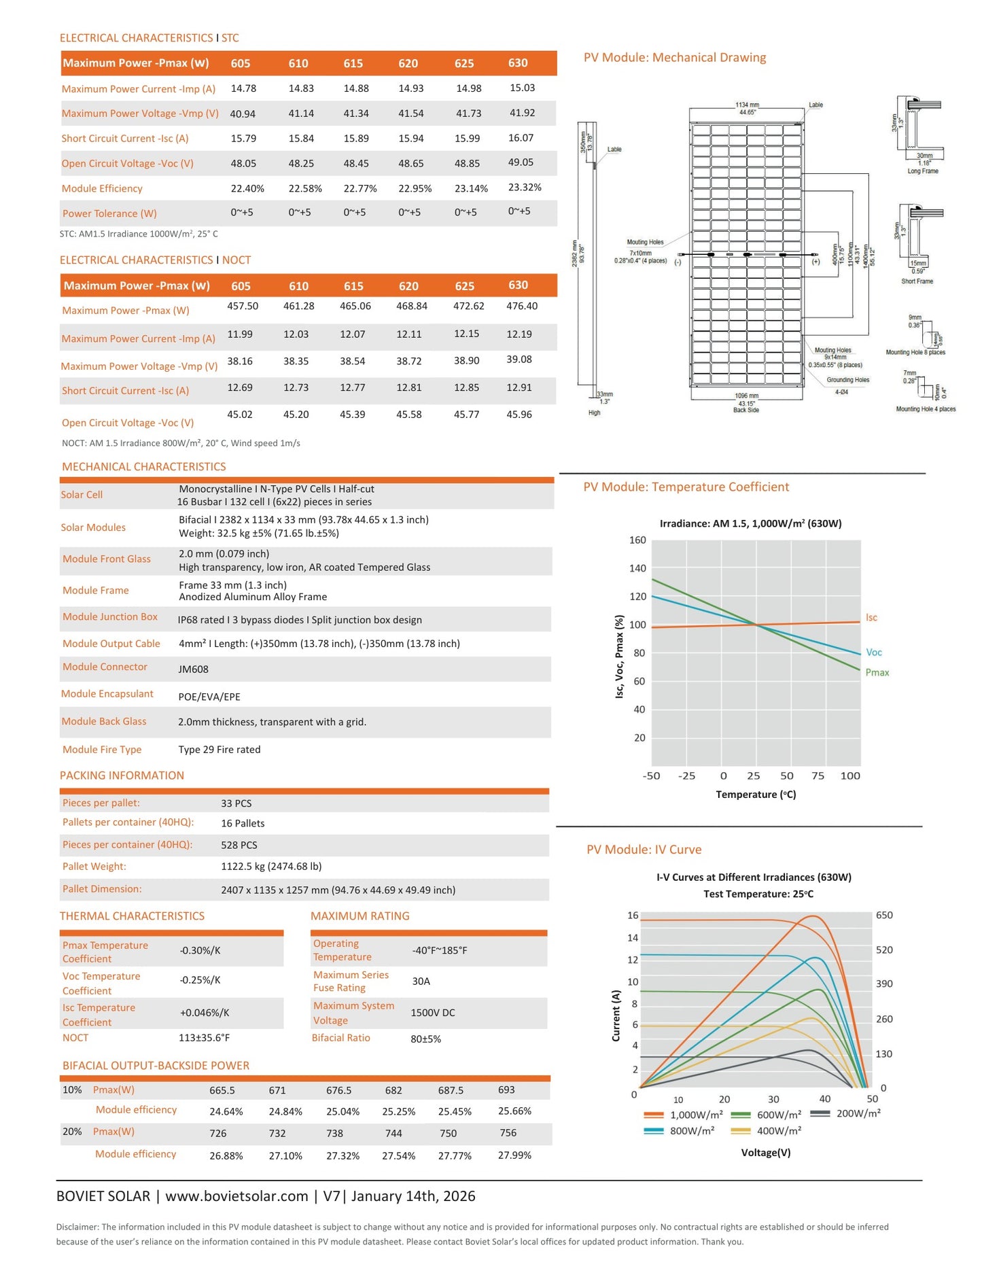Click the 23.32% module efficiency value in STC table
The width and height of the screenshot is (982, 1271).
[x=525, y=188]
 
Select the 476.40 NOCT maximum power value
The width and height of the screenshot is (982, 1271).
[x=522, y=306]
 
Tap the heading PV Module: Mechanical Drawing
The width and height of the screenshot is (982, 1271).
[x=675, y=58]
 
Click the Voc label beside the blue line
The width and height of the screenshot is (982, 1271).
[x=874, y=652]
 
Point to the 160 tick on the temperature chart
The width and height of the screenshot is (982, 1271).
[x=637, y=540]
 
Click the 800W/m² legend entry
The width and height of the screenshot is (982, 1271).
[x=680, y=1130]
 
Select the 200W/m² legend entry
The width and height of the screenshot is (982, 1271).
[x=846, y=1113]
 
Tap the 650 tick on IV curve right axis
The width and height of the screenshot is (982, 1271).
[x=884, y=915]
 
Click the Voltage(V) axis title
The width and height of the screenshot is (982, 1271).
[x=766, y=1153]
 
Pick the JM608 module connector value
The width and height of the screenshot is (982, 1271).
[x=194, y=669]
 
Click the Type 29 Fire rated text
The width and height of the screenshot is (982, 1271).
[x=220, y=750]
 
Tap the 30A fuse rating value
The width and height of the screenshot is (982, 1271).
[x=421, y=981]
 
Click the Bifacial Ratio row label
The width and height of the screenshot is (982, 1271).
[x=341, y=1038]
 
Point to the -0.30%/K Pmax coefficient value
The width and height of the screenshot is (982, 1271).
[x=200, y=950]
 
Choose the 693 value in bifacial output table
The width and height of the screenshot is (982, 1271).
[x=506, y=1090]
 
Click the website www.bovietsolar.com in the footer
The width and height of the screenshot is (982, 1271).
[x=236, y=1196]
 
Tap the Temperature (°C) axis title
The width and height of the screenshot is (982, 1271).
[x=756, y=795]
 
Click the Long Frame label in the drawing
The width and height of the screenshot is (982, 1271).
[x=923, y=171]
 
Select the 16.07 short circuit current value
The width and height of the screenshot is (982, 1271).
[x=521, y=138]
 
